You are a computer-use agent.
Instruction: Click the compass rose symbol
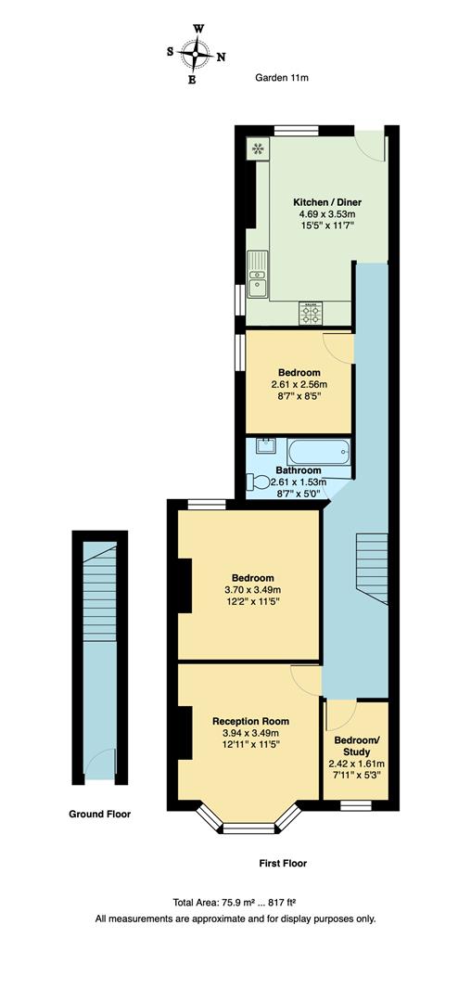(195, 54)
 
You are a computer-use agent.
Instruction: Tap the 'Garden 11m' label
(282, 78)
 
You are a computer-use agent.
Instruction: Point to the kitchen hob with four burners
(311, 315)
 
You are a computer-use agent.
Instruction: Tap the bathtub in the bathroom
(319, 454)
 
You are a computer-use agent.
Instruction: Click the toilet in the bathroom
(254, 482)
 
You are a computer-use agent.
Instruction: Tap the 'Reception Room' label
(250, 721)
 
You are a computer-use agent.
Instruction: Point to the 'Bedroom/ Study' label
(356, 746)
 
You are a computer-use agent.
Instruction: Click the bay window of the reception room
(248, 822)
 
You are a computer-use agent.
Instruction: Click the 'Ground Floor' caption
(99, 815)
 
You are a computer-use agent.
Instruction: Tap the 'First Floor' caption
(282, 863)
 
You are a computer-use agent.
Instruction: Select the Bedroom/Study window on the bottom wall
(355, 803)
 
